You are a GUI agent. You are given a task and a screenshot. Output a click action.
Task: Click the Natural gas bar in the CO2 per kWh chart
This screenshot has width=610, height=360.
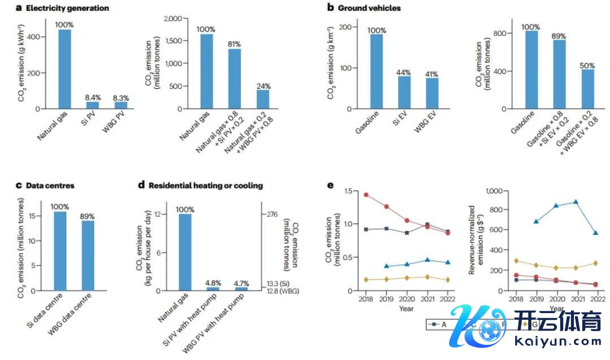pos(64,68)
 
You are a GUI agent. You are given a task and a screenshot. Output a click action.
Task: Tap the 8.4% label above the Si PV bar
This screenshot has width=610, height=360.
pos(93,97)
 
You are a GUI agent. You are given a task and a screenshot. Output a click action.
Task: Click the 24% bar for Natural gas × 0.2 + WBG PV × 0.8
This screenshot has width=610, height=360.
pos(263,99)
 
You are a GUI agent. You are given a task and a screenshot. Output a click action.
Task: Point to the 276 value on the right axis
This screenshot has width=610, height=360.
pos(272,214)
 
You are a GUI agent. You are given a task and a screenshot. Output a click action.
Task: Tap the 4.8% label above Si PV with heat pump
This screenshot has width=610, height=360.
pos(213,282)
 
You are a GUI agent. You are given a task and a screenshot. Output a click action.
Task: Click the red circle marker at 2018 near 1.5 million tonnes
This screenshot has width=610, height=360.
pos(366,195)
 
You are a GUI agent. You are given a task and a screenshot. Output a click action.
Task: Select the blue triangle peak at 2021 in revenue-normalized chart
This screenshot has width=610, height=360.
pos(560,202)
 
